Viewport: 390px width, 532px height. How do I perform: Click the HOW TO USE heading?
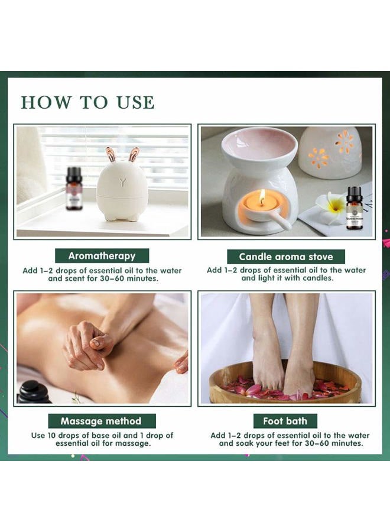click(88, 102)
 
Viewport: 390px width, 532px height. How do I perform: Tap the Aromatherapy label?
click(102, 256)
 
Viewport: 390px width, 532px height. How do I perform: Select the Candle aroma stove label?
click(286, 257)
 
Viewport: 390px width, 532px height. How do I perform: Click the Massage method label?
click(102, 421)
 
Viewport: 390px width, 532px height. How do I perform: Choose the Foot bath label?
click(285, 421)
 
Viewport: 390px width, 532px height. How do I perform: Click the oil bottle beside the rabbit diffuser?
click(73, 189)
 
